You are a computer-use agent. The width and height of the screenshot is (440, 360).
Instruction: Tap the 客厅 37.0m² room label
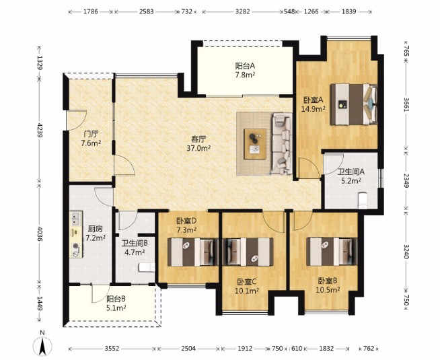pos(198,143)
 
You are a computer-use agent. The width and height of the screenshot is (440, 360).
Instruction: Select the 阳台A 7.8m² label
pos(245,70)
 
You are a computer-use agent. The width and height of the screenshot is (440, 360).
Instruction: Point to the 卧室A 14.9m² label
pos(313,104)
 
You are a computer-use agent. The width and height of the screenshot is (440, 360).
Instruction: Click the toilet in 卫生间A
pos(363,201)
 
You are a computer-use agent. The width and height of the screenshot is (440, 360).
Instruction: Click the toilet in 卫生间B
pos(147,267)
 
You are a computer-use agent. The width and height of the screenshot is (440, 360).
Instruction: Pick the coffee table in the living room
pos(255,144)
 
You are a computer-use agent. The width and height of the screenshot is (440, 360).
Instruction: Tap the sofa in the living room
pos(281,143)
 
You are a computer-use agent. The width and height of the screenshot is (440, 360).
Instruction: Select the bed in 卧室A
pos(354,104)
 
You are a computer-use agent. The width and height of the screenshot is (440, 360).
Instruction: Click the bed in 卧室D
pos(193,252)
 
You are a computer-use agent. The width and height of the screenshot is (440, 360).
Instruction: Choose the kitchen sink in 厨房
pos(76,219)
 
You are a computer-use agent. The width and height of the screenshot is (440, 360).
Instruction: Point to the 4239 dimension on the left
pos(39,130)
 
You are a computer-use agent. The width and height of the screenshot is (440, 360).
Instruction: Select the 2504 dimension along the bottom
pos(188,349)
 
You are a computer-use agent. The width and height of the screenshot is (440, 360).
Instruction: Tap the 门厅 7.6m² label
pos(91,139)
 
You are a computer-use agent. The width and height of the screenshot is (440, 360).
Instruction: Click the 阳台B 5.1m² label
pos(116,303)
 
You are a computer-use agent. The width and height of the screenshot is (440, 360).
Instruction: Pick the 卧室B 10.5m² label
pos(328,285)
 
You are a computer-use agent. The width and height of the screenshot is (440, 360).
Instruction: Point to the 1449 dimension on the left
pos(39,303)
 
